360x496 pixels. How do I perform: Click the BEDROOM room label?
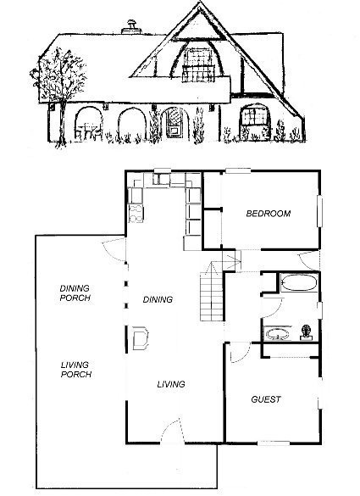[x=269, y=214]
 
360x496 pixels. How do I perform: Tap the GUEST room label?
[x=266, y=399]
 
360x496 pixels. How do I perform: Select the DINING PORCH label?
[x=75, y=293]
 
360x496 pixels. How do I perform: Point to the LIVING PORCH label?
[x=76, y=370]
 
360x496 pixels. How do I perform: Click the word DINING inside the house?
[x=158, y=299]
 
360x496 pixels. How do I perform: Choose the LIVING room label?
[x=171, y=384]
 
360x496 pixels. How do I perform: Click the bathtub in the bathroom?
[x=299, y=282]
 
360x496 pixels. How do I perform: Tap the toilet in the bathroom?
[x=306, y=332]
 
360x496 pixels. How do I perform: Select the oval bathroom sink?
[x=277, y=334]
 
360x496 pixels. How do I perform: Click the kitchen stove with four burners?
[x=136, y=213]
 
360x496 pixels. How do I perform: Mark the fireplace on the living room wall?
[x=141, y=338]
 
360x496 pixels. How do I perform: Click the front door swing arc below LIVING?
[x=170, y=427]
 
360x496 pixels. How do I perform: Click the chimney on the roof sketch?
[x=131, y=27]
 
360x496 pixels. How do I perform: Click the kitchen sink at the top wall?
[x=162, y=179]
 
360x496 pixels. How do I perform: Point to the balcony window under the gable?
[x=198, y=64]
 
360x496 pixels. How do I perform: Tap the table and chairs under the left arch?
[x=89, y=131]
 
